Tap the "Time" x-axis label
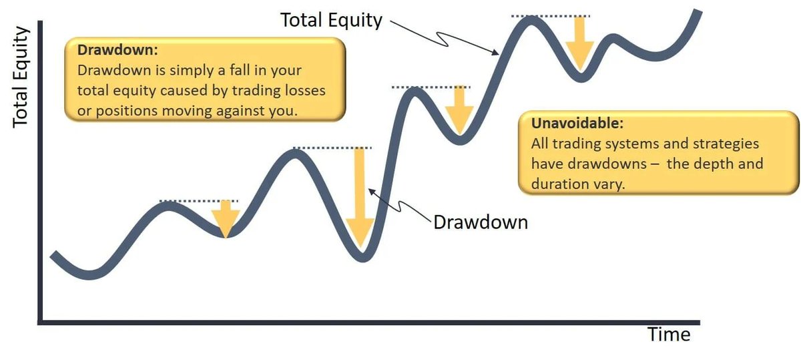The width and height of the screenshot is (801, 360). tap(668, 334)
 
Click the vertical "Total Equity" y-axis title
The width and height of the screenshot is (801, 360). tap(21, 77)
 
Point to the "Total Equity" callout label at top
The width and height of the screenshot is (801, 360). tap(331, 20)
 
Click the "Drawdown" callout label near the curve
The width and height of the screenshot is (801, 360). tap(480, 222)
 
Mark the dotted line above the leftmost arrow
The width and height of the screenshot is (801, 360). tap(198, 200)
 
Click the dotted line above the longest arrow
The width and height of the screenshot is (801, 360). tap(332, 148)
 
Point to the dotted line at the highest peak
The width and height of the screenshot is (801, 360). tap(551, 15)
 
